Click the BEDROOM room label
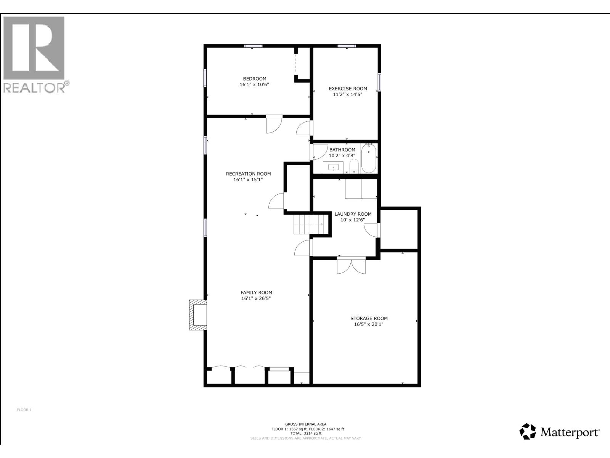pyautogui.click(x=254, y=79)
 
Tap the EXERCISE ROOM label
pyautogui.click(x=348, y=89)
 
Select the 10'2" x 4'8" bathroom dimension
pyautogui.click(x=342, y=156)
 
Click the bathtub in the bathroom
pyautogui.click(x=369, y=158)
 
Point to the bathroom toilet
pyautogui.click(x=354, y=166)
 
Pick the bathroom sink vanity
pyautogui.click(x=333, y=167)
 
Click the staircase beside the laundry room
pyautogui.click(x=308, y=224)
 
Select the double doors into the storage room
pyautogui.click(x=351, y=266)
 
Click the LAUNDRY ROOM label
pyautogui.click(x=353, y=214)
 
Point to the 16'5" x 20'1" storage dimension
pyautogui.click(x=369, y=324)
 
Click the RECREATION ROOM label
pyautogui.click(x=248, y=174)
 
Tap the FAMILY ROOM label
pyautogui.click(x=256, y=293)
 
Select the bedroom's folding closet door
pyautogui.click(x=296, y=64)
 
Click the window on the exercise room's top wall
pyautogui.click(x=347, y=46)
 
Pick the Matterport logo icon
pyautogui.click(x=528, y=431)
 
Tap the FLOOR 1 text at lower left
pyautogui.click(x=24, y=410)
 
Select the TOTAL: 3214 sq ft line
pyautogui.click(x=305, y=434)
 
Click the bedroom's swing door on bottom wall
pyautogui.click(x=273, y=124)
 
